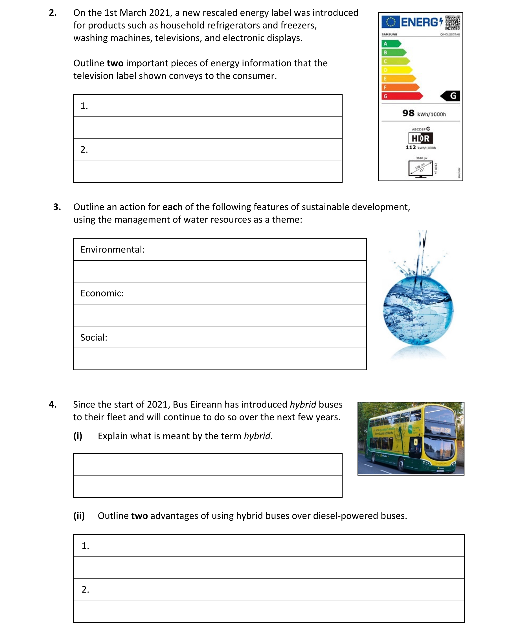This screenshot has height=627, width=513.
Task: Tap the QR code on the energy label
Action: tap(452, 23)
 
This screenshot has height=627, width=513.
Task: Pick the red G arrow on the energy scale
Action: tap(402, 96)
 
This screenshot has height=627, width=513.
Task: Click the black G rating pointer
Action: tap(450, 96)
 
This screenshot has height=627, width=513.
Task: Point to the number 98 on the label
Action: tap(408, 113)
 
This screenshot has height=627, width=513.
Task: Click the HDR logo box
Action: tap(420, 138)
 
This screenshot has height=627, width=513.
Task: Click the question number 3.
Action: tap(57, 207)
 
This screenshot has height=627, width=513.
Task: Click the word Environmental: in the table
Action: tap(113, 250)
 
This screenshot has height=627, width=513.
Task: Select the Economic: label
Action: tap(102, 293)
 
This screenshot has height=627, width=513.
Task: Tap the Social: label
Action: tap(94, 337)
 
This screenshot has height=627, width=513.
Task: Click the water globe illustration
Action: tap(418, 310)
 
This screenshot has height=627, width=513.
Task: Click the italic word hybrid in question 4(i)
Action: tap(257, 436)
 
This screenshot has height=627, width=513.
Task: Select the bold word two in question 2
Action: tap(115, 63)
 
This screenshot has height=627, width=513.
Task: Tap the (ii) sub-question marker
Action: tap(79, 516)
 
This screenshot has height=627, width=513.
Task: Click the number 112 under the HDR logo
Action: tap(411, 147)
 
